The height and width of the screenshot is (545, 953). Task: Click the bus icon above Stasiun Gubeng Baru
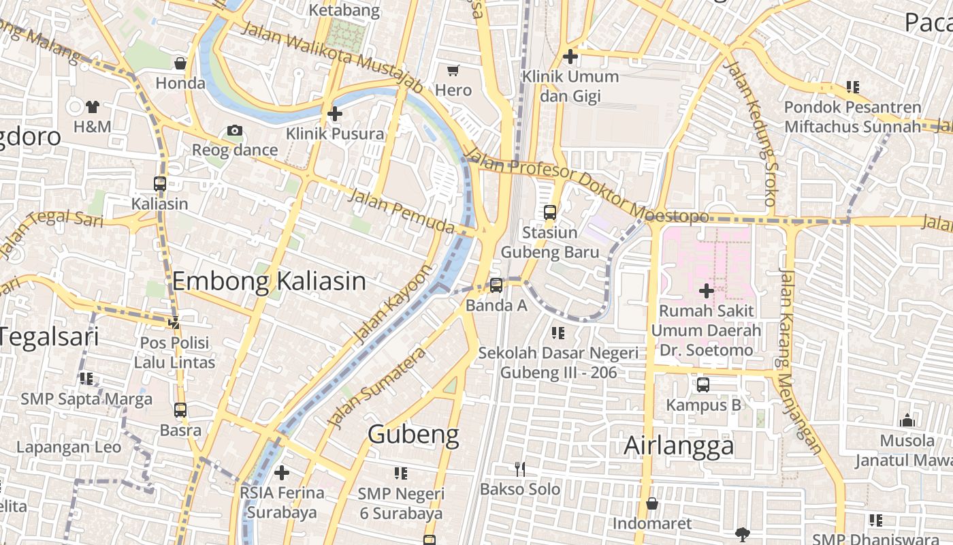click(550, 213)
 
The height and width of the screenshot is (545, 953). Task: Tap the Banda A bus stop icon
click(496, 285)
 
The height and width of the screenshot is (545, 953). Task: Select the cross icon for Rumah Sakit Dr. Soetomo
click(707, 291)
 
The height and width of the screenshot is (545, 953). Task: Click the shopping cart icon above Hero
click(453, 70)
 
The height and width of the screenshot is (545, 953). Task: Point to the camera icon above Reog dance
click(235, 130)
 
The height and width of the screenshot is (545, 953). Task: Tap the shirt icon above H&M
click(93, 106)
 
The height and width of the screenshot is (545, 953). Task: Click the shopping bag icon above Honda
click(180, 63)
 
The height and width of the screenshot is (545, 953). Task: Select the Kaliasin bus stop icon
click(160, 183)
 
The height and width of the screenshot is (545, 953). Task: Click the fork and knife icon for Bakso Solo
click(520, 469)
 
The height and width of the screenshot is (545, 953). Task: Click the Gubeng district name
click(413, 434)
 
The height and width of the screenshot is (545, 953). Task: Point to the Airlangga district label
click(679, 446)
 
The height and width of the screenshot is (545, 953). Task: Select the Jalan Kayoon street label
click(393, 303)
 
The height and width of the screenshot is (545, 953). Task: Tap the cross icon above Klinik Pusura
click(334, 114)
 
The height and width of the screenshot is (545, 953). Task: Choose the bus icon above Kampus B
click(703, 385)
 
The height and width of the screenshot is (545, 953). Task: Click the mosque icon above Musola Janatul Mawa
click(907, 420)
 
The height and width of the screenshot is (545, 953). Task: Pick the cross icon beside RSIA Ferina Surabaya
click(282, 472)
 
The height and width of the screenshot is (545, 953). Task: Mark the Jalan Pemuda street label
click(401, 211)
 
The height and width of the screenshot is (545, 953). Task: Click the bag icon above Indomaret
click(651, 503)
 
